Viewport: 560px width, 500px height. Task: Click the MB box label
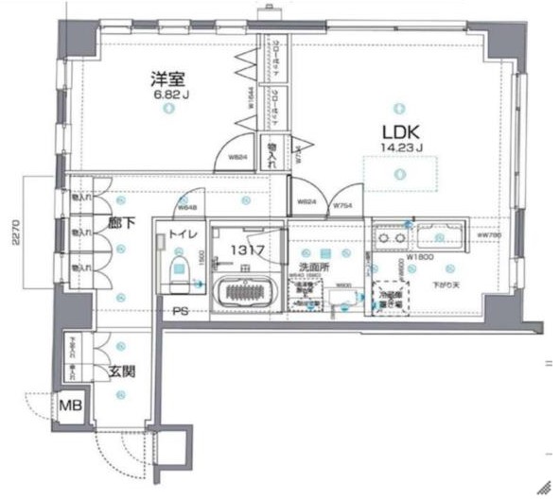[x=71, y=405]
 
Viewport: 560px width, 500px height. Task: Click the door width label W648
[x=189, y=208]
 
